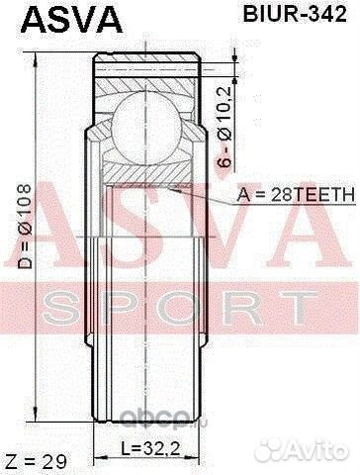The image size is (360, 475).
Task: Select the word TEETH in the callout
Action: click(320, 197)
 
